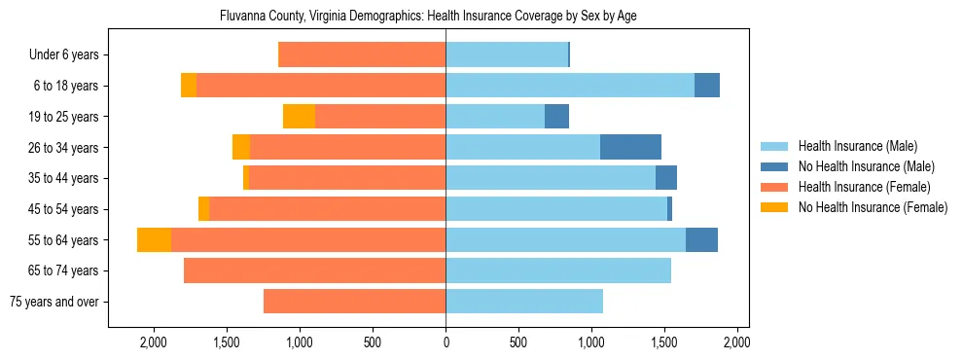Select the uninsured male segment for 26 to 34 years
(630, 147)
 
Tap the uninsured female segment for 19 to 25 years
(299, 117)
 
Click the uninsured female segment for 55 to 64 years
(154, 240)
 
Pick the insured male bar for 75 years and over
(524, 302)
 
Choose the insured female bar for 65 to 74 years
(314, 270)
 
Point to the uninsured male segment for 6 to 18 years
(707, 86)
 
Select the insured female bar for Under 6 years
(362, 55)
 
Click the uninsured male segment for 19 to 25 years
(556, 117)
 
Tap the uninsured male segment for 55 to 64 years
(701, 240)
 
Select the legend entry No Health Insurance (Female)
(873, 207)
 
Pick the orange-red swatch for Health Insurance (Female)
(775, 187)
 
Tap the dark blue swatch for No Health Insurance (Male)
(775, 166)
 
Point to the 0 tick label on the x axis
(446, 342)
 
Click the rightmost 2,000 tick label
(736, 342)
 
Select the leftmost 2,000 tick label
(154, 342)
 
